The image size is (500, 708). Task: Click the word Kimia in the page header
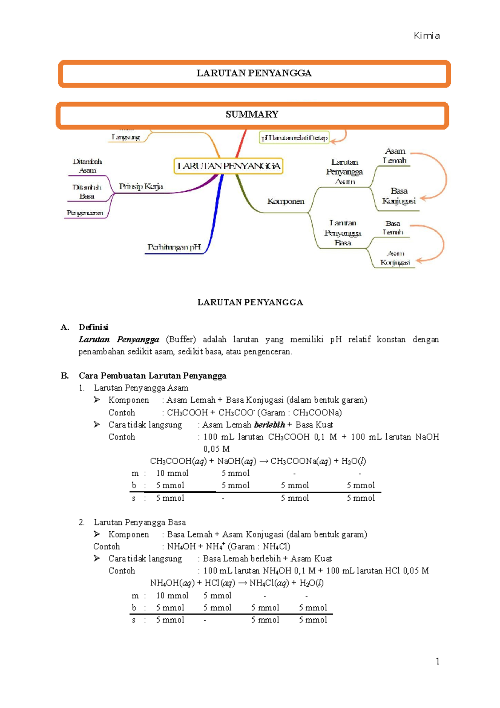click(427, 36)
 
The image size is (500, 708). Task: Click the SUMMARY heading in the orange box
click(252, 115)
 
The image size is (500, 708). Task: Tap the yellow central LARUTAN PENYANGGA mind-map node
click(228, 166)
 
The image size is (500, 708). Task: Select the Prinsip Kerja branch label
click(141, 186)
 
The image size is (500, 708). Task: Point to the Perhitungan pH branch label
click(174, 247)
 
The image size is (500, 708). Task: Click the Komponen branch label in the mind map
click(286, 201)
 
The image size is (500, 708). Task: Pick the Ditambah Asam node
click(87, 166)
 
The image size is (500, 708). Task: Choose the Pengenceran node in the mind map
click(85, 213)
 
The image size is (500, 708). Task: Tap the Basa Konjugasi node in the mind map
click(399, 196)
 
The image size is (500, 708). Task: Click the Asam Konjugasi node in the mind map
click(395, 258)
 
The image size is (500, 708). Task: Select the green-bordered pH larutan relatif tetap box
click(294, 138)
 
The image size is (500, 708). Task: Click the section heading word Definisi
click(93, 327)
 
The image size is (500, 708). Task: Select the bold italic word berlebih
click(269, 425)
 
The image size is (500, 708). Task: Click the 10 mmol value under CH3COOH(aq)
click(172, 473)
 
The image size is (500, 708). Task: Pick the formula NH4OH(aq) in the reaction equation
click(172, 583)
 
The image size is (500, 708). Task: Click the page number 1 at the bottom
click(437, 661)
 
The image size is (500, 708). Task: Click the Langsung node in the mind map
click(125, 137)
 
